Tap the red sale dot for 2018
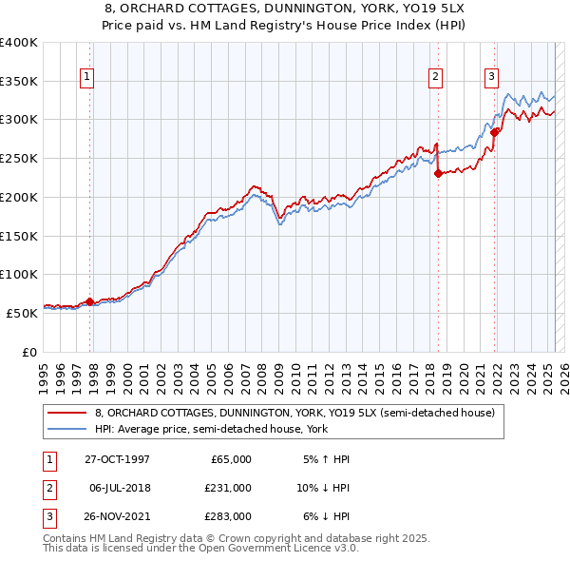pyautogui.click(x=438, y=173)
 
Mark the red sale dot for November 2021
pyautogui.click(x=495, y=133)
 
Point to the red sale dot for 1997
pyautogui.click(x=90, y=301)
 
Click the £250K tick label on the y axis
pyautogui.click(x=19, y=158)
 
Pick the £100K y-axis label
pyautogui.click(x=19, y=274)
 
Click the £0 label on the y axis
pyautogui.click(x=28, y=351)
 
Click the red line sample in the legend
pyautogui.click(x=66, y=413)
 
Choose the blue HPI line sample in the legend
pyautogui.click(x=66, y=429)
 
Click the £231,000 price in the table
pyautogui.click(x=229, y=487)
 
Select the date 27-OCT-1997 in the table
pyautogui.click(x=117, y=459)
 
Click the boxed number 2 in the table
pyautogui.click(x=47, y=487)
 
